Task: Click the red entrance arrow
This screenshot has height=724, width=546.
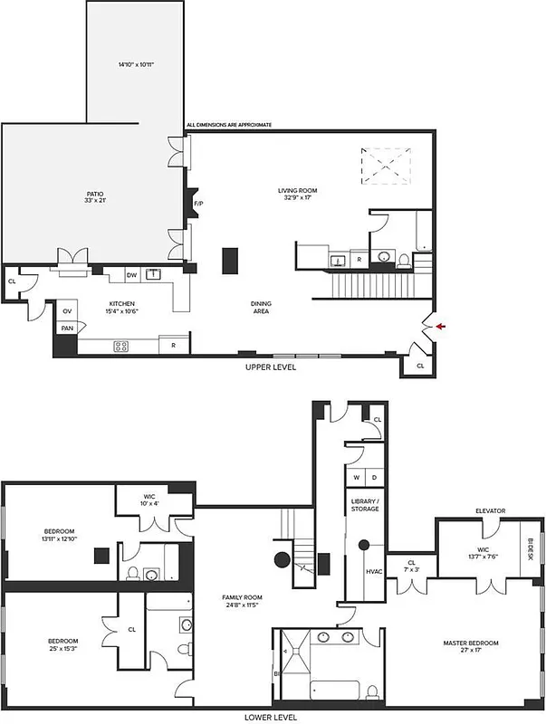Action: point(440,326)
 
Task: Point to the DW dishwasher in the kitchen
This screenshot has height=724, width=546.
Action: point(131,275)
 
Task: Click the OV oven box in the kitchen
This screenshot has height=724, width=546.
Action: point(68,311)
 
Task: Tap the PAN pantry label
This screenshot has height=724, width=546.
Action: point(67,329)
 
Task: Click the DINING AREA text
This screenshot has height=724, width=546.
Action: point(261,308)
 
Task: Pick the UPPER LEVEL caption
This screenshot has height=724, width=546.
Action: point(271,367)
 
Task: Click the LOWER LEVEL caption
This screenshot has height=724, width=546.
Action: point(270,716)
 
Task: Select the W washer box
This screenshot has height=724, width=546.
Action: point(357,477)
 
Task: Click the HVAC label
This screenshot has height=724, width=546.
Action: point(373,571)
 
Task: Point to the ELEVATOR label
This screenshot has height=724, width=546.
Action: point(489,511)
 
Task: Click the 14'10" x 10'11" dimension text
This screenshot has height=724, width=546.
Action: point(136,64)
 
